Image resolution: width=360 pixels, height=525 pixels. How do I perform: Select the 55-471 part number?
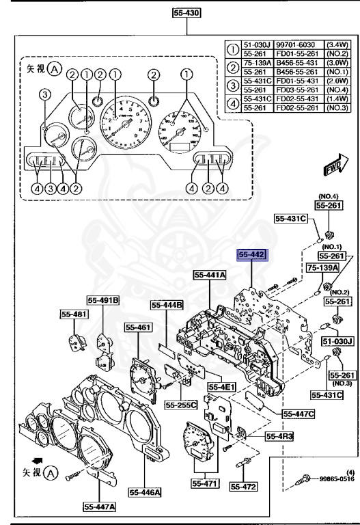point(204,483)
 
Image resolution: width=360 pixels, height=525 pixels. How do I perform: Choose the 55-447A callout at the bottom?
point(100,507)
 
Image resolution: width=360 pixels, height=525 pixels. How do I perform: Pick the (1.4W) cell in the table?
point(336,99)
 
